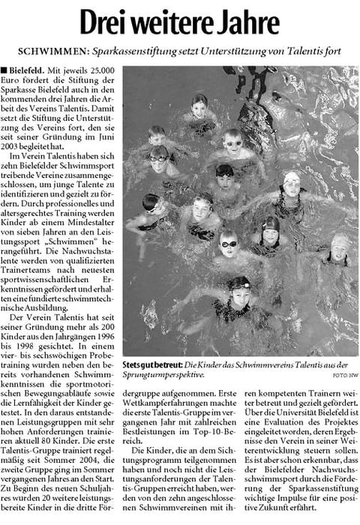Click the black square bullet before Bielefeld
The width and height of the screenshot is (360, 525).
click(x=7, y=70)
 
